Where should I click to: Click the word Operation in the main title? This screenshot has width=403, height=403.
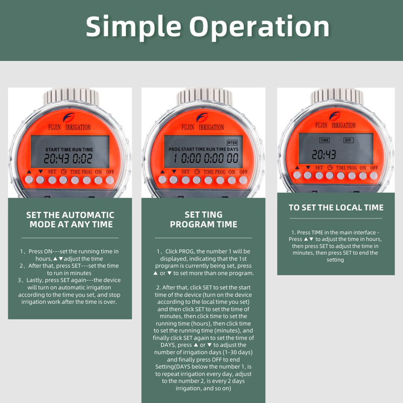click(x=259, y=27)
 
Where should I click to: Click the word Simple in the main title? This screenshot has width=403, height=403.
click(x=133, y=27)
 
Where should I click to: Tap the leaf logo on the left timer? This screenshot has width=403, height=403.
click(x=69, y=117)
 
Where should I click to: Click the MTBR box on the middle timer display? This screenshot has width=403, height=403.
click(x=232, y=143)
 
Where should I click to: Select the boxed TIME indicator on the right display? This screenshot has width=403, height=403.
click(x=324, y=141)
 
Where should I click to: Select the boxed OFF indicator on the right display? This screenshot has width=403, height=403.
click(x=348, y=141)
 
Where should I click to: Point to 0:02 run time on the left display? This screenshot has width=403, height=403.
click(x=82, y=159)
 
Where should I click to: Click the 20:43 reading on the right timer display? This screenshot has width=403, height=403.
click(x=324, y=155)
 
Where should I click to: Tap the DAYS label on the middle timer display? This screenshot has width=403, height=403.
click(x=233, y=149)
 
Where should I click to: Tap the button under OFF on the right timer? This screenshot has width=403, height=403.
click(x=373, y=175)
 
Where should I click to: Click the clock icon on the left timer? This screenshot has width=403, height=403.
click(x=63, y=171)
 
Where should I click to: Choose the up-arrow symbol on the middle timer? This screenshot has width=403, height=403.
click(x=162, y=171)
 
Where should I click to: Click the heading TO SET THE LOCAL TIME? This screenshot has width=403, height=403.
click(x=336, y=208)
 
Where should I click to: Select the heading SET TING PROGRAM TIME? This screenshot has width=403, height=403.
click(x=204, y=220)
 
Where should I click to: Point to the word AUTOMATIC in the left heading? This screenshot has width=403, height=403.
click(x=88, y=215)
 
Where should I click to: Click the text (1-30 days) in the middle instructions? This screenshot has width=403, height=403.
click(x=237, y=352)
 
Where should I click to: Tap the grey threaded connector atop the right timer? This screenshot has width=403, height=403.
click(x=337, y=96)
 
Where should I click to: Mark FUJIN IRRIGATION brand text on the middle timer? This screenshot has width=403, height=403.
click(x=203, y=127)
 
